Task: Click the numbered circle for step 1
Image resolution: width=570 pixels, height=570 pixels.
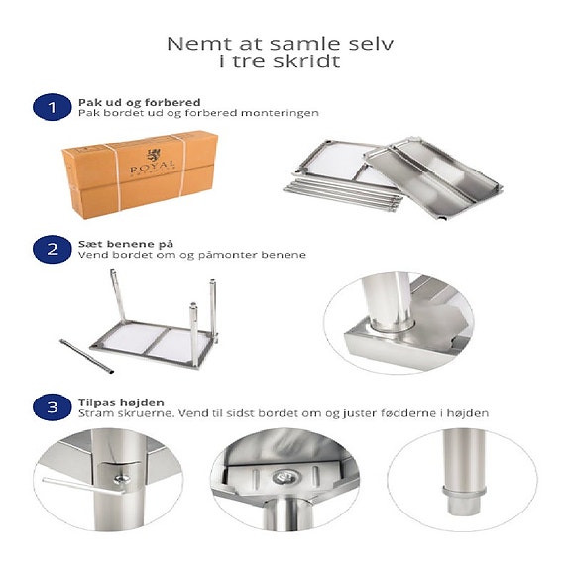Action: pos(45,107)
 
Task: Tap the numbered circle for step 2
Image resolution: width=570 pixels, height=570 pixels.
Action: pos(45,249)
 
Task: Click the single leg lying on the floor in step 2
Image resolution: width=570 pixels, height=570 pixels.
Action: pos(89,353)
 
